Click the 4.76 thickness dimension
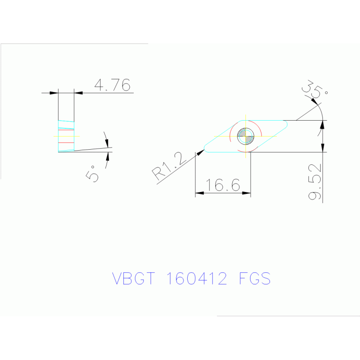click(x=112, y=85)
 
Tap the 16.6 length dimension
click(x=223, y=185)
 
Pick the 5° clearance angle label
click(x=92, y=173)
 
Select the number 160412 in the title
click(x=197, y=279)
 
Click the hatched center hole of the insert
click(x=246, y=136)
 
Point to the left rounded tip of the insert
click(x=207, y=149)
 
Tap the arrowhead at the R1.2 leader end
click(x=201, y=152)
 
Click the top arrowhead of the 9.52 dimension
click(x=322, y=124)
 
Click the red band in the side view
click(x=66, y=141)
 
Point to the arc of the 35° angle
click(x=319, y=109)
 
